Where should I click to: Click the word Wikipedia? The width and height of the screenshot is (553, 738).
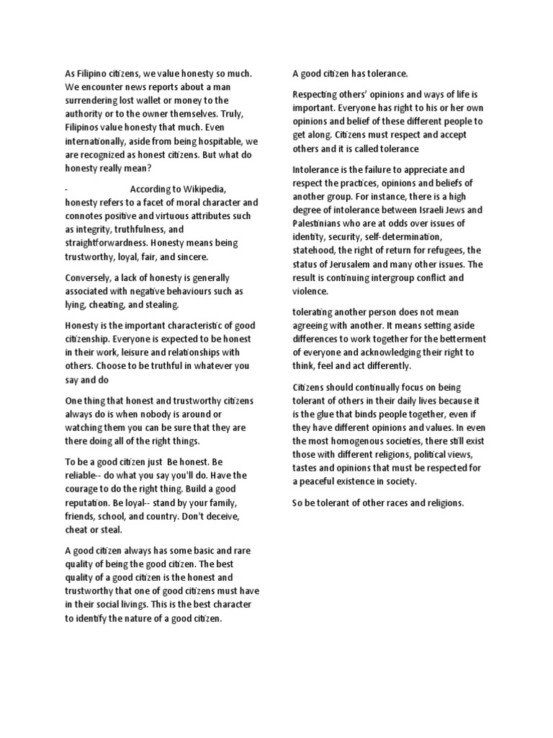(x=204, y=189)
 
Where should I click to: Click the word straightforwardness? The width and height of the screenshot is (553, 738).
(x=106, y=244)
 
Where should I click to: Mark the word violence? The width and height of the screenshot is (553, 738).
(x=310, y=292)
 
